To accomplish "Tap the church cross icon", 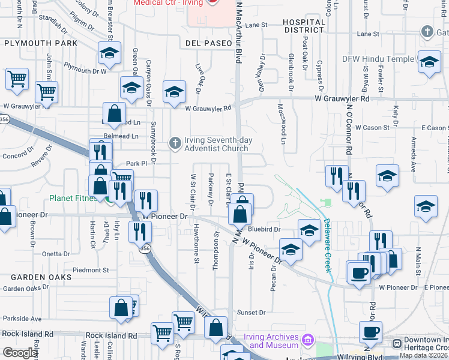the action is click(x=175, y=142).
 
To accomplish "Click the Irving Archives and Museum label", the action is click(x=274, y=341).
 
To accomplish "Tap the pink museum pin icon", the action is click(x=308, y=341).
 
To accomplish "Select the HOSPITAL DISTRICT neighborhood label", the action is click(x=304, y=26).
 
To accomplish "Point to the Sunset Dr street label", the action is click(x=251, y=313).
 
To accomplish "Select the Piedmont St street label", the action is click(x=90, y=270).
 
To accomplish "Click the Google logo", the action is click(x=20, y=353).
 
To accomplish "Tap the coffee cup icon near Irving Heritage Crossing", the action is click(x=370, y=332).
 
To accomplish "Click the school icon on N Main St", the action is click(x=426, y=206).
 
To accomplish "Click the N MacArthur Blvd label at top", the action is click(x=239, y=30).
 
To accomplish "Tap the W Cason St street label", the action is click(x=372, y=128).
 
